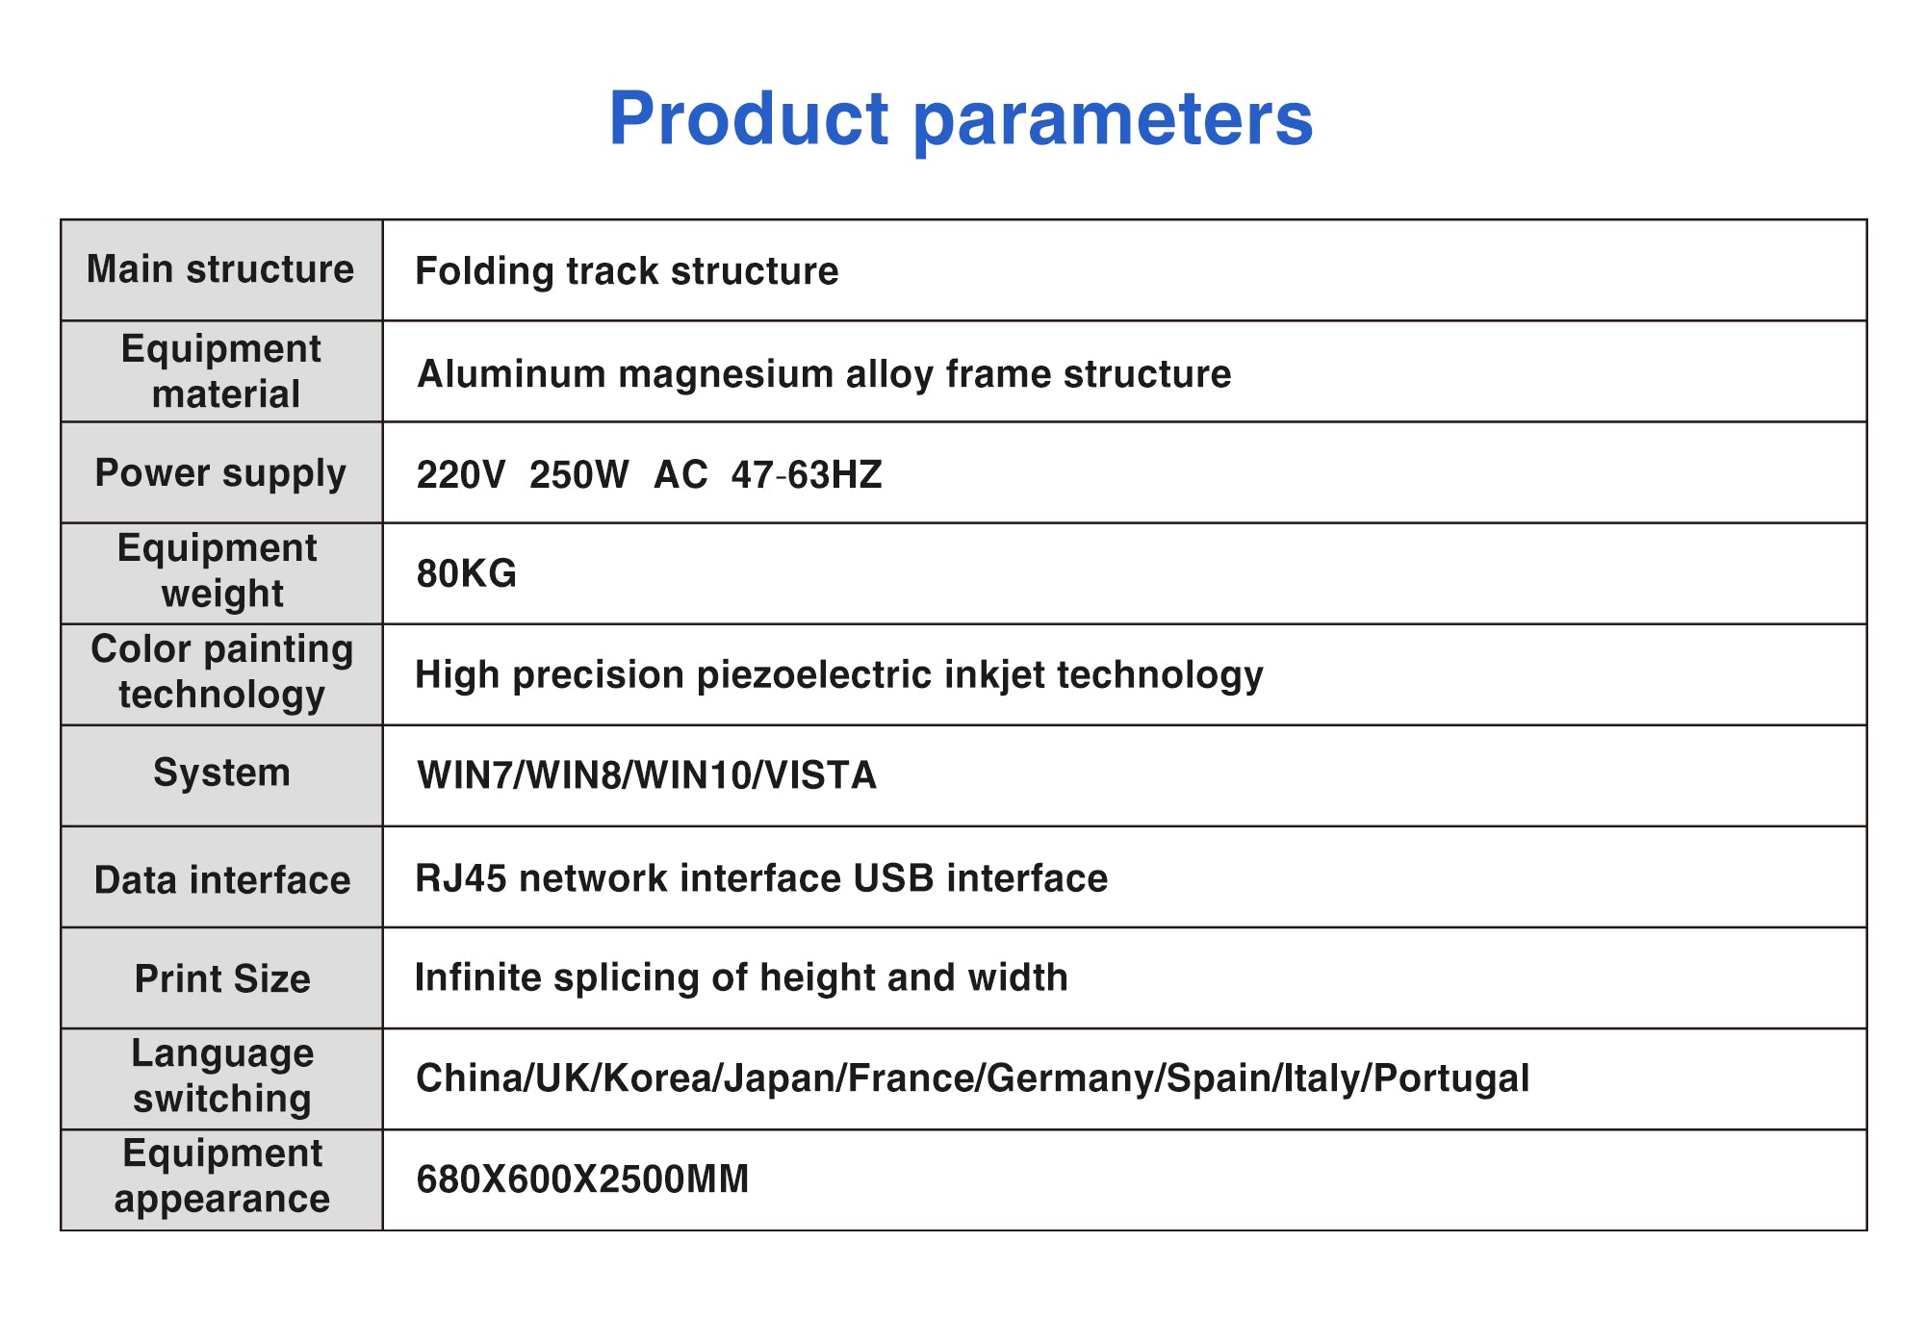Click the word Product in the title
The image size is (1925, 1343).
tap(750, 118)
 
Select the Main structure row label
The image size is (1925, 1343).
tap(220, 269)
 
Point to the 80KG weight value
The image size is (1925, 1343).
tap(467, 573)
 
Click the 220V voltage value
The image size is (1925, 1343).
tap(460, 475)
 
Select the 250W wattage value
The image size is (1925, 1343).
tap(578, 475)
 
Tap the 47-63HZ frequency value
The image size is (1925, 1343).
tap(807, 475)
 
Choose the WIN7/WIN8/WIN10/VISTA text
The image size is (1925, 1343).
tap(647, 775)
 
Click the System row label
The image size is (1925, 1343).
tap(221, 773)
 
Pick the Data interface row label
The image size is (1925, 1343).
tap(222, 880)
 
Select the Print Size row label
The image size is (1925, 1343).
tap(222, 979)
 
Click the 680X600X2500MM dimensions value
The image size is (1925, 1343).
tap(582, 1179)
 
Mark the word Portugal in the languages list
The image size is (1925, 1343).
tap(1451, 1078)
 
